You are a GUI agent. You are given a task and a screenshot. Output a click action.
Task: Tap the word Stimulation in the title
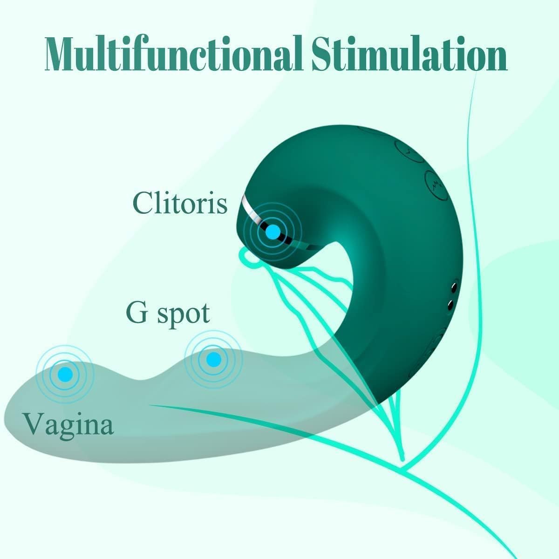click(409, 53)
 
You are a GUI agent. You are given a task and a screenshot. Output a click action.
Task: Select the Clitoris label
click(180, 203)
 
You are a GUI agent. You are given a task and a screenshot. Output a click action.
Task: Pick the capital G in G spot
click(137, 313)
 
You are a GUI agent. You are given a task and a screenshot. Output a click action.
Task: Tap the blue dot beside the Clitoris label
click(273, 232)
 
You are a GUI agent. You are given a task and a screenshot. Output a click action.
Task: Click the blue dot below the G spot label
click(214, 360)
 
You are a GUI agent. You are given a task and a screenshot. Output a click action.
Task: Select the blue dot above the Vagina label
click(65, 374)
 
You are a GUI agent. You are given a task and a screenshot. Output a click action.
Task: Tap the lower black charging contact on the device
click(450, 305)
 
